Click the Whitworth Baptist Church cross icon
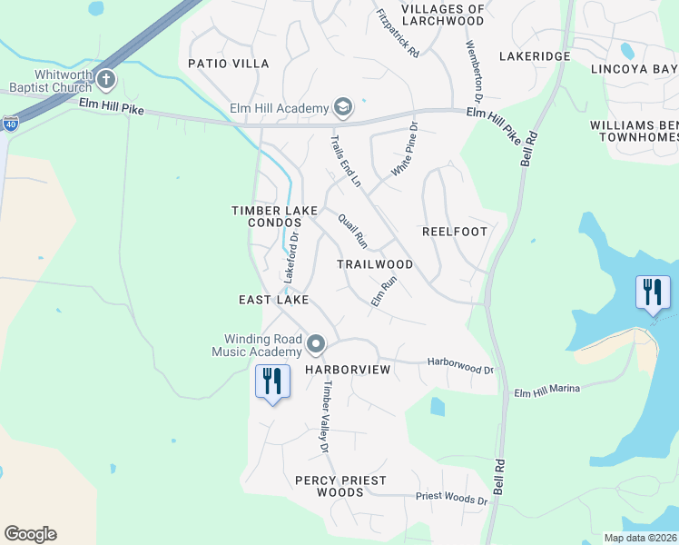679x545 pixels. point(106,80)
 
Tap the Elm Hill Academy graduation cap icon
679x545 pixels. point(343,109)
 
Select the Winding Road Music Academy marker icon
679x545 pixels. point(316,344)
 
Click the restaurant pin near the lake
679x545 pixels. point(653,293)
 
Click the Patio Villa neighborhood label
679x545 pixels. point(229,64)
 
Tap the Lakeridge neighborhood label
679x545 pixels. point(535,56)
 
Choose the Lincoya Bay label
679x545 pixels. point(634,69)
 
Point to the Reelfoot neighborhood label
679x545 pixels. point(455,232)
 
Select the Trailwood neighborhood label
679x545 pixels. point(375,264)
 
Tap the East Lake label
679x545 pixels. point(273,300)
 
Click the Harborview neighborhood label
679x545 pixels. point(348,371)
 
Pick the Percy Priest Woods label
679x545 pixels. point(340,486)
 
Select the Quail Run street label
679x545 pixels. point(351,231)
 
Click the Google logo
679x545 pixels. point(30,534)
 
